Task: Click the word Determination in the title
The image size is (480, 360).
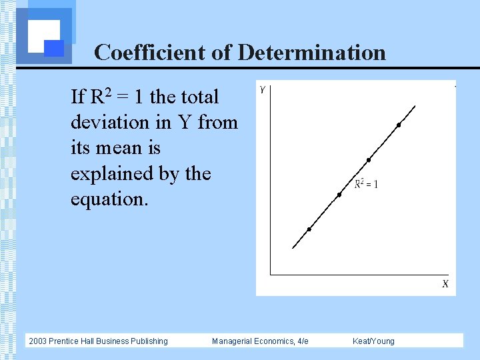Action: click(311, 52)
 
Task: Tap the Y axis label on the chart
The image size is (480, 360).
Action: click(263, 89)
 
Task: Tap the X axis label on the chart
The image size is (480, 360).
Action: click(445, 284)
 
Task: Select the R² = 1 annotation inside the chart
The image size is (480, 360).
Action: click(366, 183)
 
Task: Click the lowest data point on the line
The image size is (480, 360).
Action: click(309, 229)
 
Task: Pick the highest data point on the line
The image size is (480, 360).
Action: click(399, 125)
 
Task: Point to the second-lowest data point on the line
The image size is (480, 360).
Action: click(339, 195)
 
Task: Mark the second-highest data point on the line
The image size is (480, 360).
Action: click(369, 160)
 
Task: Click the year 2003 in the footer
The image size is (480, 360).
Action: click(39, 341)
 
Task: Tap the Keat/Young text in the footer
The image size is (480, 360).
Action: click(373, 341)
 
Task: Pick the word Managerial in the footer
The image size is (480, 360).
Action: click(233, 341)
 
